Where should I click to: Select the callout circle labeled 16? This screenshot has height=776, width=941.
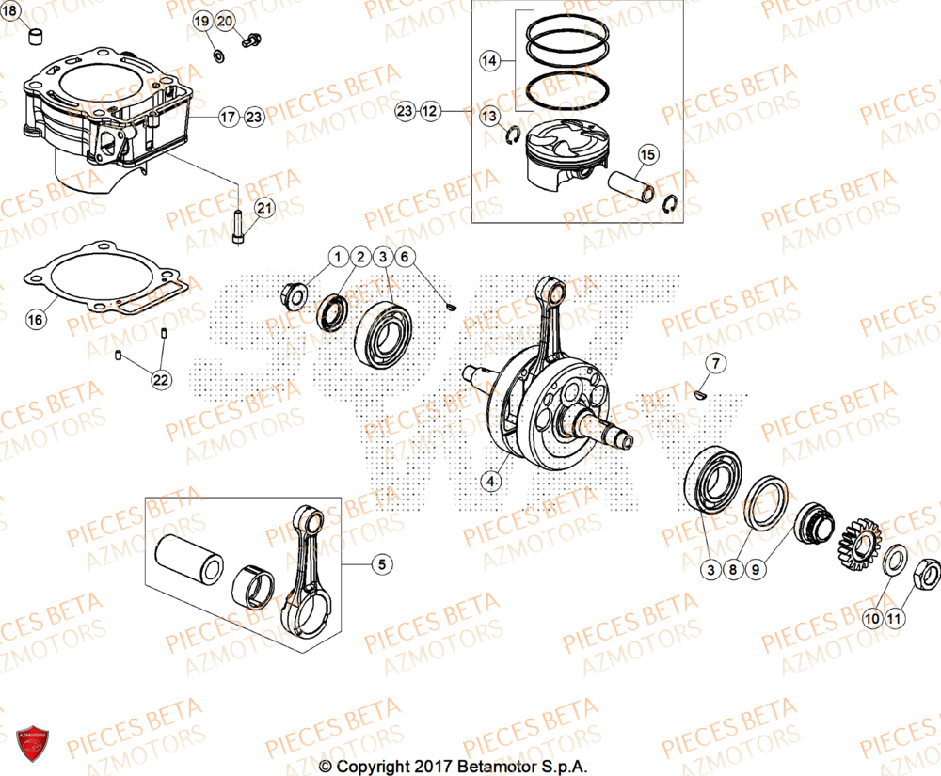tap(35, 320)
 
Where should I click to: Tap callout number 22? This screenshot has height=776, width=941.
tap(161, 379)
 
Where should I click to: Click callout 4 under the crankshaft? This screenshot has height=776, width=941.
tap(488, 482)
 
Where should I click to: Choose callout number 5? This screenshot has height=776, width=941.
tap(381, 564)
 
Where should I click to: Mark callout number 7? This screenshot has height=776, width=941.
tap(714, 363)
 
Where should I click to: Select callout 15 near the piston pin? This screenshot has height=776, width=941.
tap(646, 155)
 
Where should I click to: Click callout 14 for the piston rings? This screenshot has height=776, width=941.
tap(488, 61)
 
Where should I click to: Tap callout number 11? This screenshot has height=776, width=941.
tap(893, 619)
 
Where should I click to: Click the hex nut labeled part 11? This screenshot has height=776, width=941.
tap(926, 570)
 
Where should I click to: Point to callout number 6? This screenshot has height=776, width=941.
tap(403, 257)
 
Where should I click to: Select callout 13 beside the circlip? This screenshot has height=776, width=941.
tap(488, 116)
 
